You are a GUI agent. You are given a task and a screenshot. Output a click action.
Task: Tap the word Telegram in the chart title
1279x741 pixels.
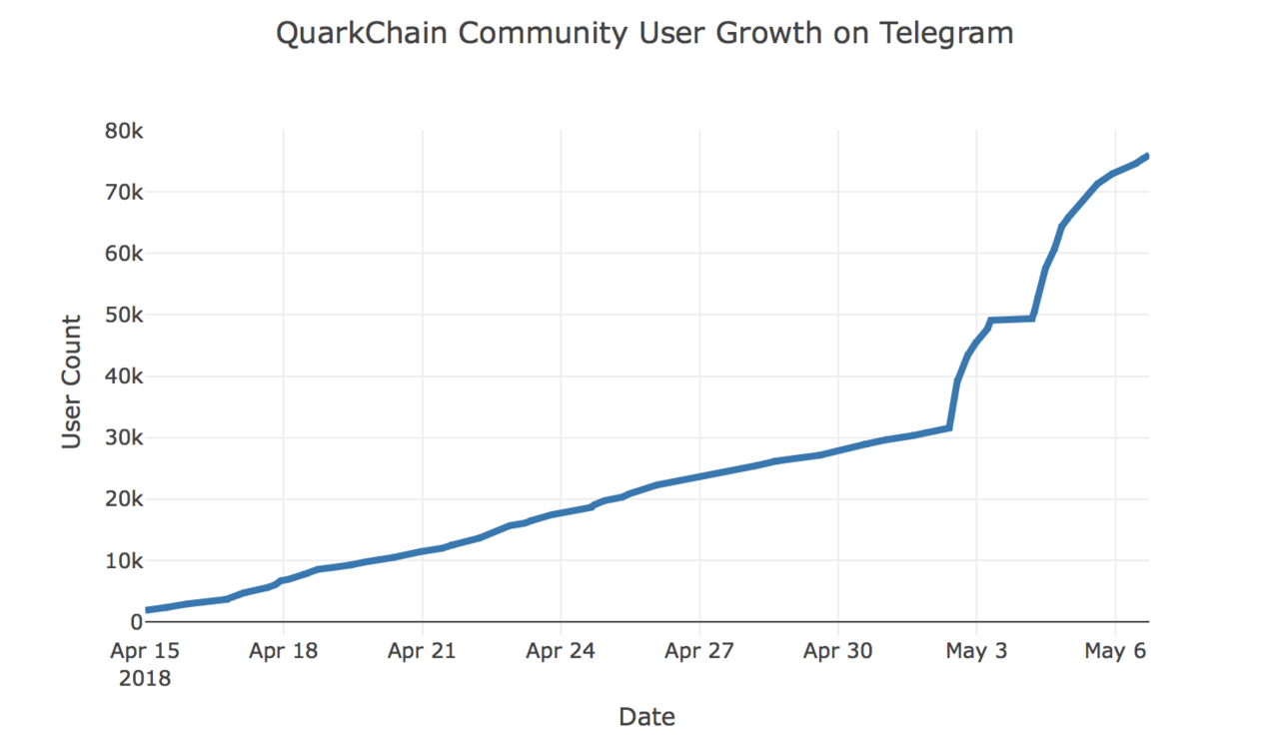coord(946,34)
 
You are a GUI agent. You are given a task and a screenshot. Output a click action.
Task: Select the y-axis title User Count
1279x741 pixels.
coord(72,381)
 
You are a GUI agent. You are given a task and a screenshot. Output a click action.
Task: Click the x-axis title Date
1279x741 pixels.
coord(646,716)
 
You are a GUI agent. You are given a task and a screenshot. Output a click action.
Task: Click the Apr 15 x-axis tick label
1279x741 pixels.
coord(145,652)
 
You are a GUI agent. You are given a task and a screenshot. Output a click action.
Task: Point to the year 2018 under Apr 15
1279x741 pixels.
coord(145,679)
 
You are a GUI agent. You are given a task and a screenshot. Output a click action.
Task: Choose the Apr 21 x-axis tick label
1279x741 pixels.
coord(423,652)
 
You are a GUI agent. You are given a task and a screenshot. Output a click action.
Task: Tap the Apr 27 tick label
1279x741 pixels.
coord(699,652)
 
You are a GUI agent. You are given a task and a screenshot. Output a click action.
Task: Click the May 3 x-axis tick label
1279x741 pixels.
coord(976,652)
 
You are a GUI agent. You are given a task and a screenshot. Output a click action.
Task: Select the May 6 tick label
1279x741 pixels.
coord(1115,652)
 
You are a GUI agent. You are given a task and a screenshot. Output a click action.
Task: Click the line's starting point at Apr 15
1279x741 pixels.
coord(147,609)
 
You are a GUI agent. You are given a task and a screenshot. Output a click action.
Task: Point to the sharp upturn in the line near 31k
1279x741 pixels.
coord(948,427)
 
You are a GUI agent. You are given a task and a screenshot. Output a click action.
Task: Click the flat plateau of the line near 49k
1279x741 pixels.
coord(1010,320)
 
